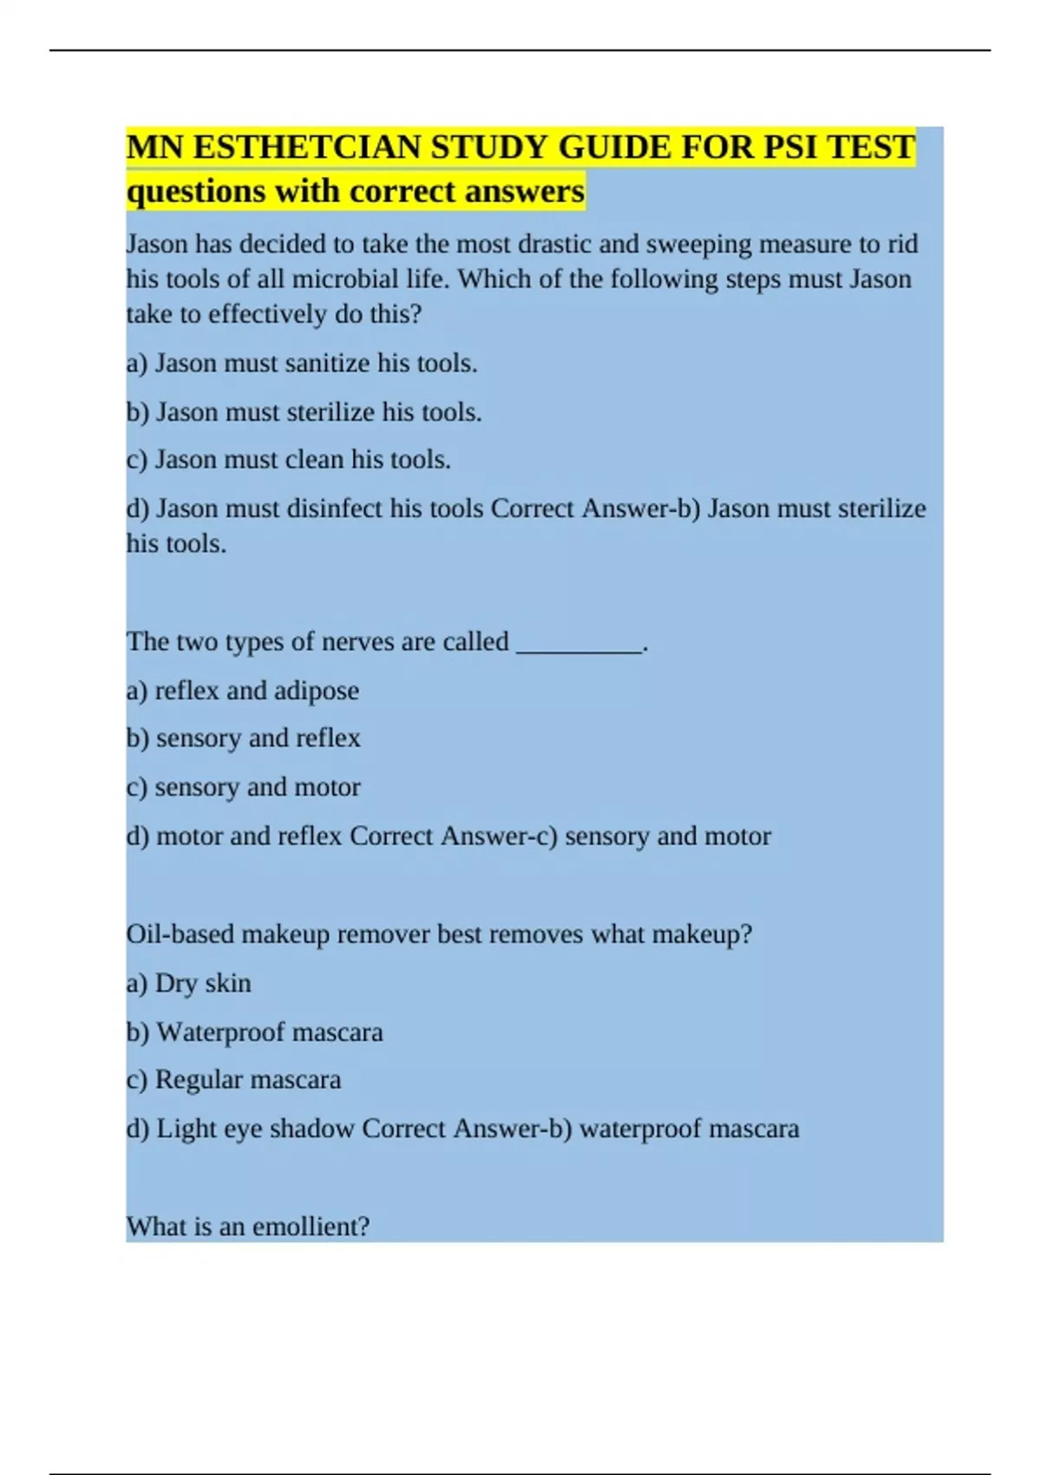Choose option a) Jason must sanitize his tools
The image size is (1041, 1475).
302,363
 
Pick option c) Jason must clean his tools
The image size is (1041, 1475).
288,459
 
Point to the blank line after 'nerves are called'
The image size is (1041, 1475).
579,643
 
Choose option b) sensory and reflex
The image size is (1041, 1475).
243,738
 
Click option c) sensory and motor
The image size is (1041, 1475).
243,787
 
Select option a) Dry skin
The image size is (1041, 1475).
188,983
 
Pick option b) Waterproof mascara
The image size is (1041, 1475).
254,1032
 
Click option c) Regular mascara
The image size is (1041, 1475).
233,1079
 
